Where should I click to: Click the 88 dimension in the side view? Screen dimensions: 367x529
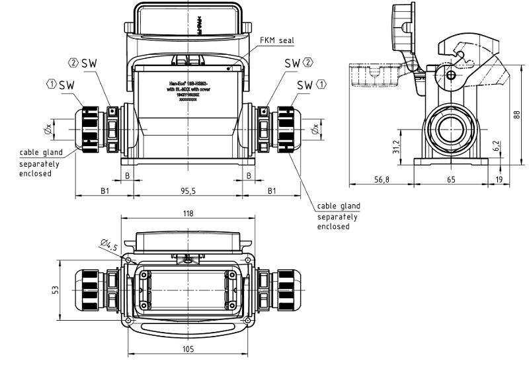tap(516, 114)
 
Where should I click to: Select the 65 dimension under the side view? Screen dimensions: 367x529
tap(451, 179)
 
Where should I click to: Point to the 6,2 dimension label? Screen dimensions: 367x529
tap(496, 145)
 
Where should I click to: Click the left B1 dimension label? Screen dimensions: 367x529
tap(104, 191)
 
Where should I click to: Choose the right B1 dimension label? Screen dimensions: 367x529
tap(271, 191)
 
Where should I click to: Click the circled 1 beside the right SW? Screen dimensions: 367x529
tap(322, 85)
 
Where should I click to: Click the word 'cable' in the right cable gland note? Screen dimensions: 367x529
tap(329, 206)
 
